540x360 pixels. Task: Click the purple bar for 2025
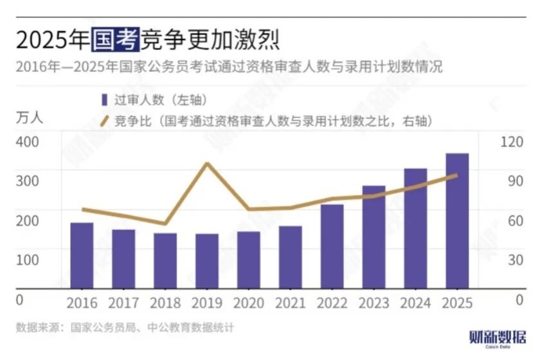[457, 221]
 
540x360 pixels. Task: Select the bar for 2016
[82, 256]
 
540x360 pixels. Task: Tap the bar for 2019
[207, 261]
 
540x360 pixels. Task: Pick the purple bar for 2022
[332, 246]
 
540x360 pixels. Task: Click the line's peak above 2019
[207, 163]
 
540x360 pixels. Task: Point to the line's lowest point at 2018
[165, 224]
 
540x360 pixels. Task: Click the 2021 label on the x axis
[290, 302]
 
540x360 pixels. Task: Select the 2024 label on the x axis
[415, 302]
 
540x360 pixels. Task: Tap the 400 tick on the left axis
[28, 141]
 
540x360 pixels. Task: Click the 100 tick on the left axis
[28, 260]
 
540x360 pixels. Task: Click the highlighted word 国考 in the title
[114, 40]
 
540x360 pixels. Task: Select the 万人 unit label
[29, 118]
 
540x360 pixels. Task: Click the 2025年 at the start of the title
[52, 40]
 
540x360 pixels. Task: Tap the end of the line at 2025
[456, 175]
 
